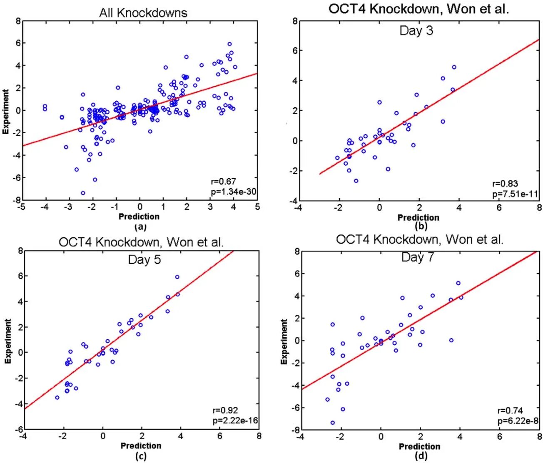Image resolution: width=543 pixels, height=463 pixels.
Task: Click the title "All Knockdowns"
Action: point(143,13)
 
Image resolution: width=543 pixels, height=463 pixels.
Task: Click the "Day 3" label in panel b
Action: point(416,30)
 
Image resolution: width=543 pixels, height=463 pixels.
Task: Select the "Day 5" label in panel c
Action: point(144,260)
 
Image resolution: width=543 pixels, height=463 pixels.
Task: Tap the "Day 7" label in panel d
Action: point(417,257)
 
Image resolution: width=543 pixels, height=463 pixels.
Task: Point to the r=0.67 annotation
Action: point(224,182)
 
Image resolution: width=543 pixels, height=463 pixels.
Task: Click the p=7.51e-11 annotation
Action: point(515,194)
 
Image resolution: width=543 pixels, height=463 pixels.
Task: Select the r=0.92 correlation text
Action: point(225,411)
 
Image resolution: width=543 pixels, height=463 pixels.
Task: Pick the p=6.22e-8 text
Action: point(518,421)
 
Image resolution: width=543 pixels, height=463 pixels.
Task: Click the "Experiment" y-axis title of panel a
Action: point(6,112)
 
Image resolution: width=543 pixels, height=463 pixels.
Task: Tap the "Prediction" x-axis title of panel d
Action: point(419,446)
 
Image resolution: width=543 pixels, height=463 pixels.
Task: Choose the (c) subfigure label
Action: point(141,456)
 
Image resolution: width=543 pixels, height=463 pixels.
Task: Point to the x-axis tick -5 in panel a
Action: point(22,207)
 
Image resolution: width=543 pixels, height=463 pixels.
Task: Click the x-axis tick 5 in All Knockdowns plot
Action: point(257,207)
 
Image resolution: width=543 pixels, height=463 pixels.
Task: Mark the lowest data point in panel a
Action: point(83,193)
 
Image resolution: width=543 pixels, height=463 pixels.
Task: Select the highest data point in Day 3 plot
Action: point(454,67)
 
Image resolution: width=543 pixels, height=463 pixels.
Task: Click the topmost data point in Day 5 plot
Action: point(177,277)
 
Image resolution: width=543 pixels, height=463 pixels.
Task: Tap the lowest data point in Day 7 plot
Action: point(333,423)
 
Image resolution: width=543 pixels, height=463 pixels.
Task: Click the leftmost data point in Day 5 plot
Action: point(57,398)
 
